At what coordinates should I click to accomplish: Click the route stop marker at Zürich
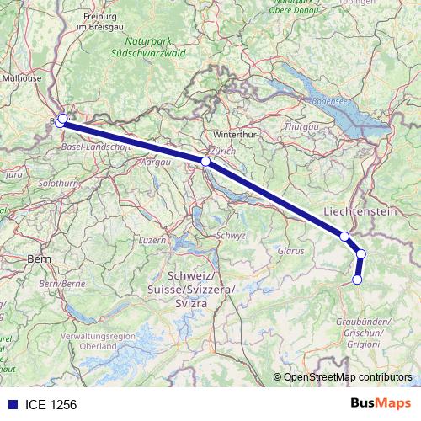(205, 160)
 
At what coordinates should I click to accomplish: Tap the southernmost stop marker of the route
(357, 280)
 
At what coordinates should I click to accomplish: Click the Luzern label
(152, 240)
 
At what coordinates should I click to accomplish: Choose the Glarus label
(290, 251)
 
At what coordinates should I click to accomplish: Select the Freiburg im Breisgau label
(99, 21)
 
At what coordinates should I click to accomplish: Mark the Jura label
(13, 173)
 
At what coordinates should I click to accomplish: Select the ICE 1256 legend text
(52, 405)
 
